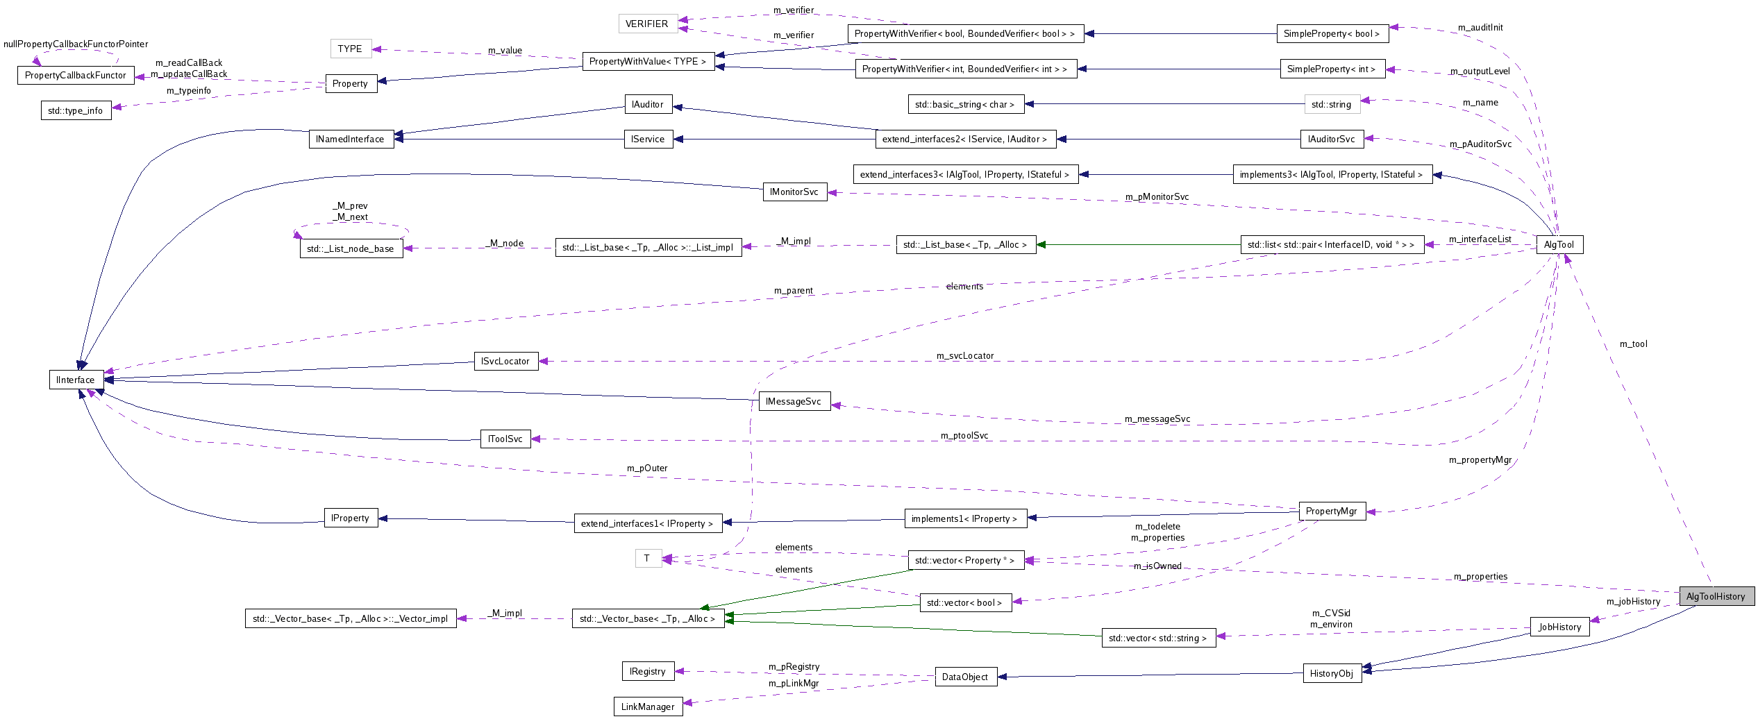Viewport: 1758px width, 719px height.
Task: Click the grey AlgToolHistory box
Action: pyautogui.click(x=1716, y=596)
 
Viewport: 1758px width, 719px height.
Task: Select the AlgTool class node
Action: pyautogui.click(x=1559, y=244)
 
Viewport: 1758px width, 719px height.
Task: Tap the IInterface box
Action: pyautogui.click(x=76, y=380)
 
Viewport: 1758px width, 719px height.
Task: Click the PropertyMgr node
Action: pyautogui.click(x=1331, y=511)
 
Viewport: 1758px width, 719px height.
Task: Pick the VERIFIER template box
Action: pyautogui.click(x=646, y=24)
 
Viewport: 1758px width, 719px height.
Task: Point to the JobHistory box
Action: pyautogui.click(x=1559, y=627)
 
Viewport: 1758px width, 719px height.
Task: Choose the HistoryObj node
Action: pyautogui.click(x=1331, y=673)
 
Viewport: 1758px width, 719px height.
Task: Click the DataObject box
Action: pyautogui.click(x=964, y=677)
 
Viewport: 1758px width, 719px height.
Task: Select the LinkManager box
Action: pyautogui.click(x=647, y=707)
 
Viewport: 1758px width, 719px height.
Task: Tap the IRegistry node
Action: pyautogui.click(x=647, y=671)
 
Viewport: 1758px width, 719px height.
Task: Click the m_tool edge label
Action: pyautogui.click(x=1633, y=344)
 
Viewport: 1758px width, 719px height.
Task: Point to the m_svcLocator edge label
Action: pyautogui.click(x=964, y=356)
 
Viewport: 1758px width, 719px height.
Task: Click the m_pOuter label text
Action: pyautogui.click(x=647, y=468)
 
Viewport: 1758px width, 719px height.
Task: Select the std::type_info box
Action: pyautogui.click(x=75, y=110)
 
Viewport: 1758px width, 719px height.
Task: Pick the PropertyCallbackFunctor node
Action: pyautogui.click(x=75, y=75)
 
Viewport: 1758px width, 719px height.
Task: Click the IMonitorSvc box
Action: pyautogui.click(x=794, y=192)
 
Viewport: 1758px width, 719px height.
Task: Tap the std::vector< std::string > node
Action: pyautogui.click(x=1157, y=638)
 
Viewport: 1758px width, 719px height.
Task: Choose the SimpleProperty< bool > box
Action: pyautogui.click(x=1331, y=33)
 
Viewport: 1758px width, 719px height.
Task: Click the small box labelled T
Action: pyautogui.click(x=647, y=558)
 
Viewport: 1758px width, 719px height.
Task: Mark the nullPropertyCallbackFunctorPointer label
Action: pyautogui.click(x=76, y=44)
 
